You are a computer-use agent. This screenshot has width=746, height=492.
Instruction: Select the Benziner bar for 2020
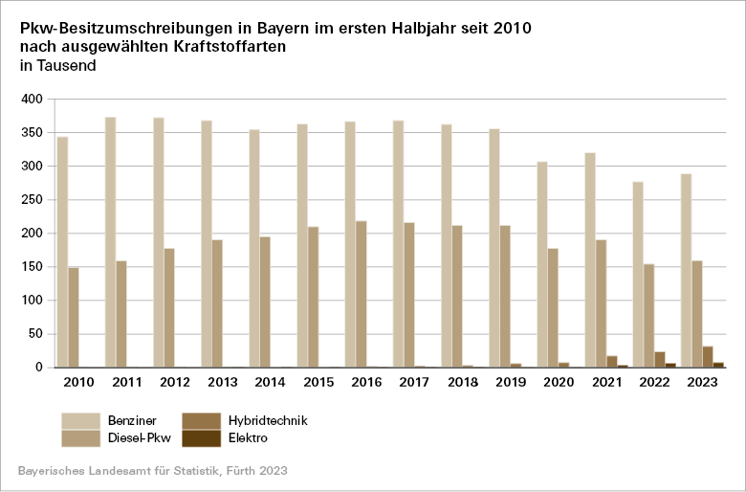[x=542, y=264]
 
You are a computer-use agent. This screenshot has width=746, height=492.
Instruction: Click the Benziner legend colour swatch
[x=81, y=420]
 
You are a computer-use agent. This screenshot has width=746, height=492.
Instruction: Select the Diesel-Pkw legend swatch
[x=81, y=438]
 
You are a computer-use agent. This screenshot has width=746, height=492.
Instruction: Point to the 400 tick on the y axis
[x=33, y=100]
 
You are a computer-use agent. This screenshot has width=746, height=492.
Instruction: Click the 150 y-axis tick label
[x=33, y=267]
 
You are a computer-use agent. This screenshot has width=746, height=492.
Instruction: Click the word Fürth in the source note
[x=233, y=471]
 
